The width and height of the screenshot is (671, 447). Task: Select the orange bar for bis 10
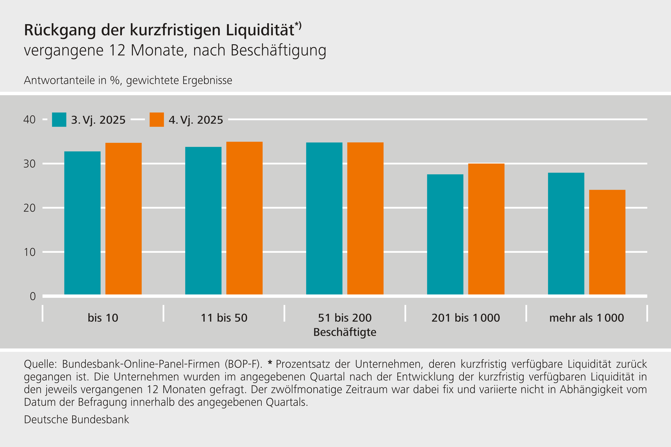click(x=123, y=218)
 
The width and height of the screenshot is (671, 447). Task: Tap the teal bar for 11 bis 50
click(x=203, y=220)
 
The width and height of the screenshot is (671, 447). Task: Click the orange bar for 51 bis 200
click(x=365, y=218)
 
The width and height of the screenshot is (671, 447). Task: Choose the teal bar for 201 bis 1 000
click(x=445, y=234)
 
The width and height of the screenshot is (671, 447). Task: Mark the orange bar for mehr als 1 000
click(x=607, y=242)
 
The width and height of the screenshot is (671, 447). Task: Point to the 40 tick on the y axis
click(x=29, y=119)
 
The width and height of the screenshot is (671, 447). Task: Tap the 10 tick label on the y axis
click(x=29, y=252)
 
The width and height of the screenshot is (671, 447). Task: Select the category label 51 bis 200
click(x=345, y=318)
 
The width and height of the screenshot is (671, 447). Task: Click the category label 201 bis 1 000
click(x=466, y=318)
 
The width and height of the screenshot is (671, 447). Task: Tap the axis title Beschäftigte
click(x=345, y=332)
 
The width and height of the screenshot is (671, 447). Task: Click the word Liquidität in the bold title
click(x=260, y=30)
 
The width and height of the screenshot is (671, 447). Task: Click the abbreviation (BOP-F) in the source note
click(x=243, y=364)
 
